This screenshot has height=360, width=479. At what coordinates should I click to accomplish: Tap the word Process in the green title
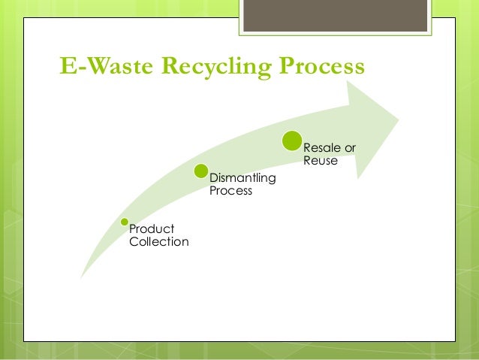321,68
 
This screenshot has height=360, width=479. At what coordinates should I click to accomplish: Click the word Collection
159,241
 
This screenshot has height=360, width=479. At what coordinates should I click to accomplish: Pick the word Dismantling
243,178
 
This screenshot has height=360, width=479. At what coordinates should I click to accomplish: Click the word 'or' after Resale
349,147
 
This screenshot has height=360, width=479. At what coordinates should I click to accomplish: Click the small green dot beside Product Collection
125,222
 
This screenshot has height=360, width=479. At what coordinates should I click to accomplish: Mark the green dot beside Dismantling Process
200,171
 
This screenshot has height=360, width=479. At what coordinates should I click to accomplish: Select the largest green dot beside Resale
292,141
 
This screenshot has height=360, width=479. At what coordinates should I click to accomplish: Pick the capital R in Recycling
163,68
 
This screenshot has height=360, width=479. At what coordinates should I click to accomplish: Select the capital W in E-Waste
94,68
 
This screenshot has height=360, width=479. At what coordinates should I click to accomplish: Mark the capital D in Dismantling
213,178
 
